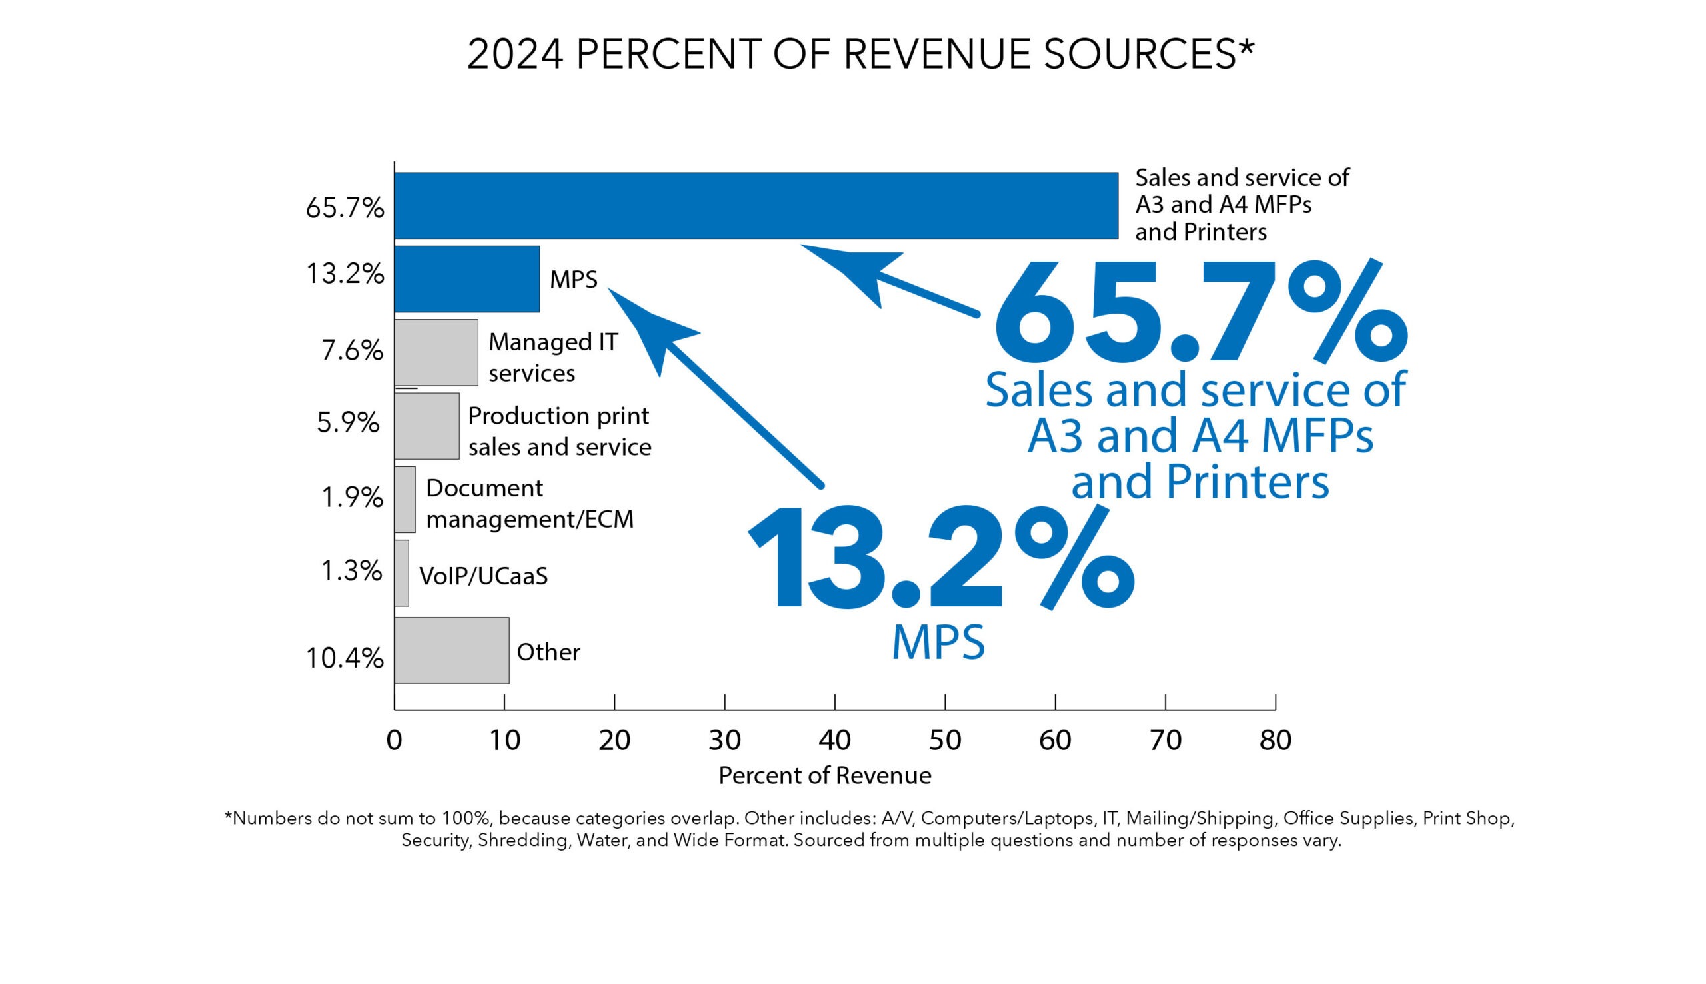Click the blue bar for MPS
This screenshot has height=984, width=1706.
466,278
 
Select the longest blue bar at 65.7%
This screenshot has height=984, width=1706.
755,205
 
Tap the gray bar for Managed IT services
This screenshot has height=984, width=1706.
436,352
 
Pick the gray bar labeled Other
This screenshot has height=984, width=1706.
452,650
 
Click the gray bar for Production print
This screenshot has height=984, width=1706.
426,426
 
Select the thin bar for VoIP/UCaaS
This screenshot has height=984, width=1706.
401,572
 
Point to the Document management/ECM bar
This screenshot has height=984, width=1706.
405,500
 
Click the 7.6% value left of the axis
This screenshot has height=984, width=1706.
351,350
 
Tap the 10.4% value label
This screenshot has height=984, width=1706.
344,658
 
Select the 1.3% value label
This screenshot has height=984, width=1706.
351,571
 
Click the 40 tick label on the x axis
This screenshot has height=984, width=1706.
834,740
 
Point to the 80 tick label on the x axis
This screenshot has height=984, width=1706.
1275,740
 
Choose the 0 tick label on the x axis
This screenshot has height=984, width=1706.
394,740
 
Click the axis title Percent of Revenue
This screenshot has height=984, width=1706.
824,775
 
